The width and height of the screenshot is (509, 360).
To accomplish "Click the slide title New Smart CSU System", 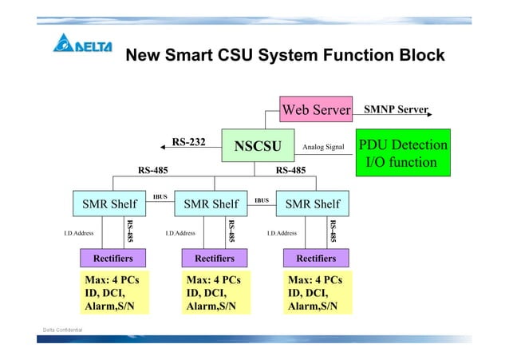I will (285, 55).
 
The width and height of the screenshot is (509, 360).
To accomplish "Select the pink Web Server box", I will (316, 109).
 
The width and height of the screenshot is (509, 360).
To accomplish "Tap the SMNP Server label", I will (396, 109).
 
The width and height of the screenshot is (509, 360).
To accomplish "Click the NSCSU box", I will (257, 145).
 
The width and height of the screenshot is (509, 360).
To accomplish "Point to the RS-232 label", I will (189, 142).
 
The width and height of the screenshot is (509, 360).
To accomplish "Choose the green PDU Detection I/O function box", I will (402, 153).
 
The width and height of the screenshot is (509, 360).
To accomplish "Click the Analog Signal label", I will (323, 147).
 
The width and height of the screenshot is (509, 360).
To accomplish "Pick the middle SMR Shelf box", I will (211, 204).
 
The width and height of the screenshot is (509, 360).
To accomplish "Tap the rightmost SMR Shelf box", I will (312, 204).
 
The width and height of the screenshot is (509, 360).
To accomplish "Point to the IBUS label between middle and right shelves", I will (261, 200).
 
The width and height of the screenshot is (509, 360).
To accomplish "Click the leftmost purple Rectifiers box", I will (112, 258).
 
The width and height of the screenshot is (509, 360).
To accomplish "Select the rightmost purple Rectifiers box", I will (316, 258).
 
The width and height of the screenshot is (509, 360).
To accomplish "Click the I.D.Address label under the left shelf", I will (79, 233).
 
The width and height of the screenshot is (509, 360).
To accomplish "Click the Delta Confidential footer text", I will (62, 330).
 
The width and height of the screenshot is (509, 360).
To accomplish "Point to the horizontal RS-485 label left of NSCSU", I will (152, 169).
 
